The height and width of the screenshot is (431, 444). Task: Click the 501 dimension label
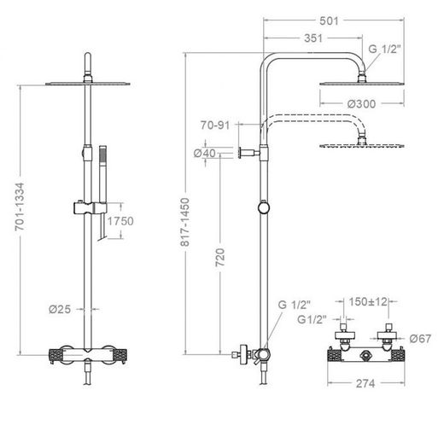coord(329,20)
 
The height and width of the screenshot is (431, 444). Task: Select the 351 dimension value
coord(313,38)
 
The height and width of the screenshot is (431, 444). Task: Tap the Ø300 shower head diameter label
coord(361,104)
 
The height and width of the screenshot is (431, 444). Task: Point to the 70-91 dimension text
coord(215,125)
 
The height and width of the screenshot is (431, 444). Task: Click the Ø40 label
coord(205,153)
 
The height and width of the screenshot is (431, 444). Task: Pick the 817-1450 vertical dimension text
coord(185,222)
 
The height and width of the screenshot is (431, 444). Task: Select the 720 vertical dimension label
coord(219,258)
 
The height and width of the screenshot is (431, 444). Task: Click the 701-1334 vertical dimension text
coord(20,207)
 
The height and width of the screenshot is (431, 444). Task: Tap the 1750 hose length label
coord(120,221)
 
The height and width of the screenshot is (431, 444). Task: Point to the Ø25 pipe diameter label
coord(60,309)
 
